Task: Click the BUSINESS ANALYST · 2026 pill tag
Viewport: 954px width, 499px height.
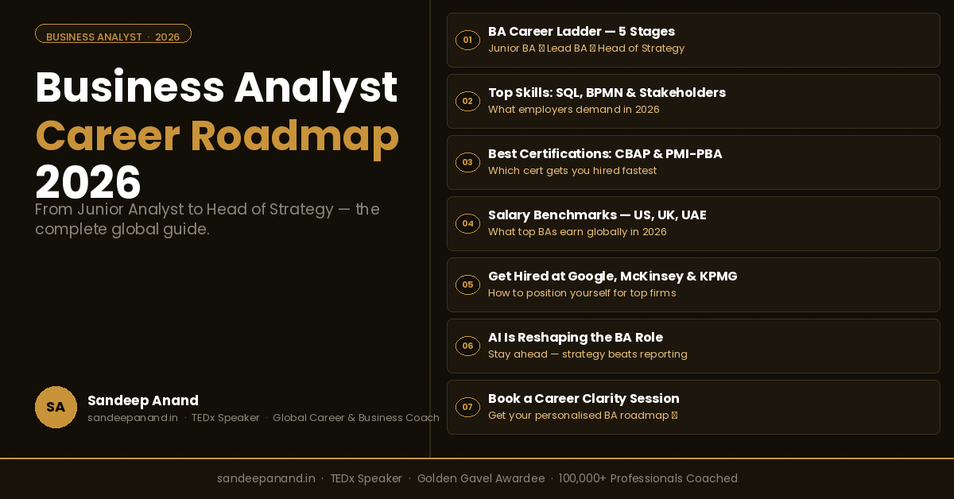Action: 113,37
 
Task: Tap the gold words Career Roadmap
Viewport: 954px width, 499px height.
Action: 217,135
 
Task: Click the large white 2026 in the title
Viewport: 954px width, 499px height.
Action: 88,182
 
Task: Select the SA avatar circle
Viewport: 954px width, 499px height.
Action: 56,407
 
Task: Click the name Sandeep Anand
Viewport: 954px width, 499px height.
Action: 143,400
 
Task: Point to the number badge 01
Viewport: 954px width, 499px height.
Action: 467,40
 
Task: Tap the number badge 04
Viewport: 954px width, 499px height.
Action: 467,223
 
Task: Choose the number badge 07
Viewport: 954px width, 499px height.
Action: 467,407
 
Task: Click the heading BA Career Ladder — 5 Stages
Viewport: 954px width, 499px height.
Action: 581,32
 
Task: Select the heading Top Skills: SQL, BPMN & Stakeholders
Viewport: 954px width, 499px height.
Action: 607,93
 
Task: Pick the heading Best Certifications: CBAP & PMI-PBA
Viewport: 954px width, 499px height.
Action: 605,154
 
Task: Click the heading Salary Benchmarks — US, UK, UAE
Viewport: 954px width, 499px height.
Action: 597,215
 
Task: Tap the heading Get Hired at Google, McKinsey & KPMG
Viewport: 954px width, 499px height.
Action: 612,277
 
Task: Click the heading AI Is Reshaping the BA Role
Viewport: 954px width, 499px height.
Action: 576,338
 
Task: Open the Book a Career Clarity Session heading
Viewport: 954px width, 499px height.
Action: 584,399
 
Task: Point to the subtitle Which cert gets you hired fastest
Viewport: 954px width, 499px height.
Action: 572,171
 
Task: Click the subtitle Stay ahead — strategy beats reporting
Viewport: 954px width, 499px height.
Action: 588,354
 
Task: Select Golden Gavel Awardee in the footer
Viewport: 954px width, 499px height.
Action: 481,478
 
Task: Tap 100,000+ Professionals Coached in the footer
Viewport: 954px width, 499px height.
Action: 648,478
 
